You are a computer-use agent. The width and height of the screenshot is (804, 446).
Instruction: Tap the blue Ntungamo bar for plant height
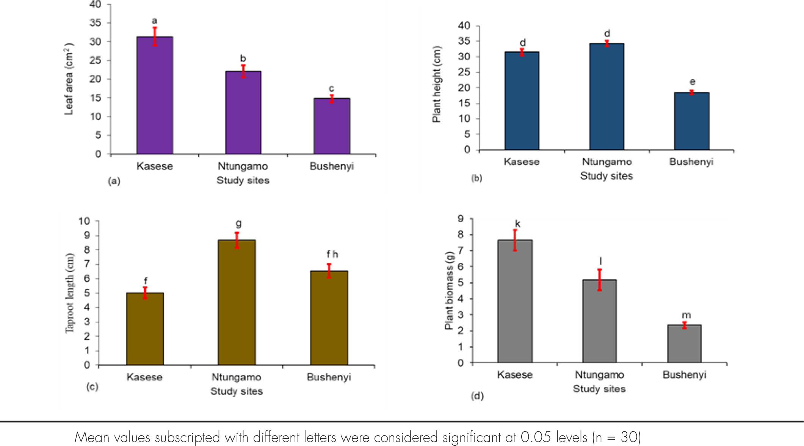tap(607, 97)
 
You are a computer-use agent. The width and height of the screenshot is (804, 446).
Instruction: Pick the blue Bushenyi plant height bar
tap(691, 121)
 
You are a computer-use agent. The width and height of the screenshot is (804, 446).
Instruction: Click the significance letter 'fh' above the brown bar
tap(332, 254)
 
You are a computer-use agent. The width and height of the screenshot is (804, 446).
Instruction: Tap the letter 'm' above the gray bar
tap(686, 315)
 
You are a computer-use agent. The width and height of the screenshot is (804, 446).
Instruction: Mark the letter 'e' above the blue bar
tap(693, 82)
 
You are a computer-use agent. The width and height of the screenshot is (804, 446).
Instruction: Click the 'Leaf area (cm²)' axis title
tap(69, 79)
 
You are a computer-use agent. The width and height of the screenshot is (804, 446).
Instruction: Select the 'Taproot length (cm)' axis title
tap(70, 293)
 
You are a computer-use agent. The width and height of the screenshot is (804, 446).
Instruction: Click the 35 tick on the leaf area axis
tap(96, 23)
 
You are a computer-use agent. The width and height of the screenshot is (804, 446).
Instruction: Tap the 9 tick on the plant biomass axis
tap(461, 218)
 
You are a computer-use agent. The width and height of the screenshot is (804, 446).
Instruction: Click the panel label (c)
tap(92, 386)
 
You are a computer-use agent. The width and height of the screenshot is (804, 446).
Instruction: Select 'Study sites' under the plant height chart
tap(607, 176)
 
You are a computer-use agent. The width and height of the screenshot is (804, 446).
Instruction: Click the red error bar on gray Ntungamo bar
tap(600, 280)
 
